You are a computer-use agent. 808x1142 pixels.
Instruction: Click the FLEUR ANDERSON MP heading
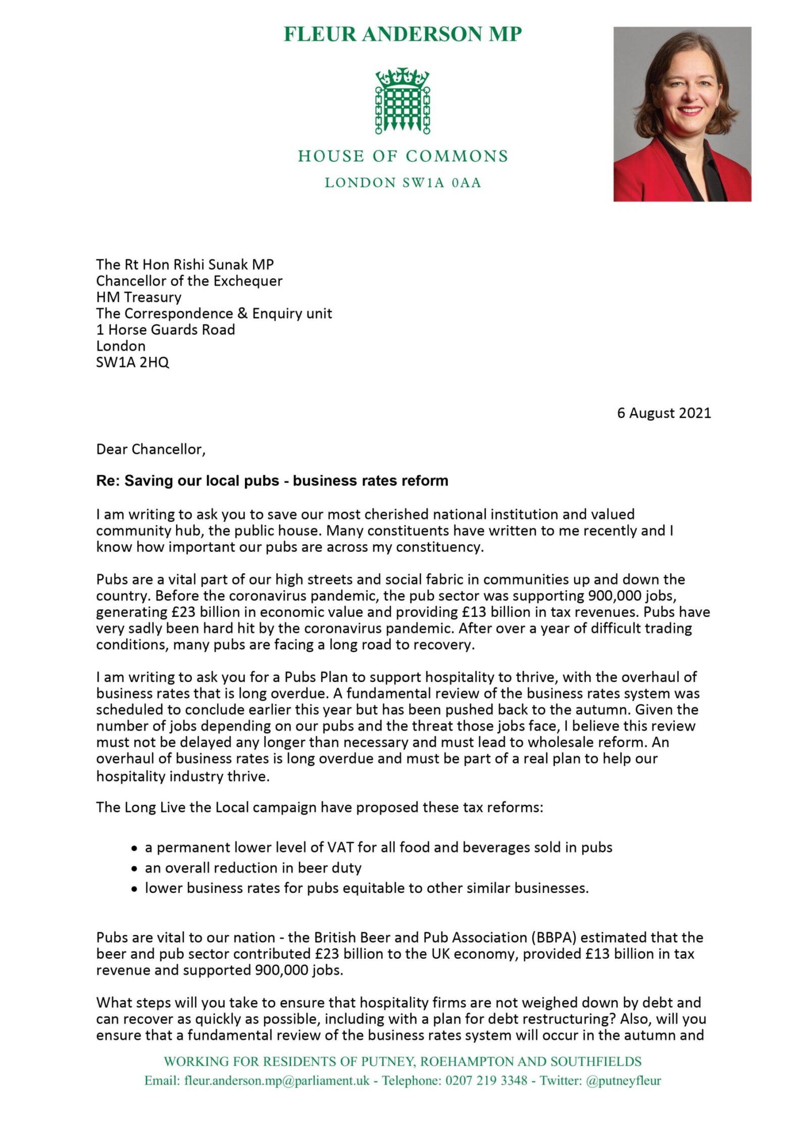click(x=402, y=34)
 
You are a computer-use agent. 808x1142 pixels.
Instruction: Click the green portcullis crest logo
click(x=402, y=101)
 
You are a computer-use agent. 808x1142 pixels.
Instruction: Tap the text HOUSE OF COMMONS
click(x=402, y=156)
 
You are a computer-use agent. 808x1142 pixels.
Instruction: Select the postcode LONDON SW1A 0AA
click(x=402, y=183)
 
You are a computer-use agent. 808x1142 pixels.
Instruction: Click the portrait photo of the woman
click(x=682, y=114)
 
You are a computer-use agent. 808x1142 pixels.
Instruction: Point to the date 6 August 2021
click(x=664, y=413)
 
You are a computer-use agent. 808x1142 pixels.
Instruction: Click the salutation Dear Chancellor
click(x=150, y=449)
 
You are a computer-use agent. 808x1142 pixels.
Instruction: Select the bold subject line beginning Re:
click(x=272, y=481)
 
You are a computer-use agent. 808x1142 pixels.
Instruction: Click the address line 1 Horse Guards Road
click(x=166, y=330)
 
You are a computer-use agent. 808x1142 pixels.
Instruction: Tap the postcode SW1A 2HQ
click(x=133, y=362)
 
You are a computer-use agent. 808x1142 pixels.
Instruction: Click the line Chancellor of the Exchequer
click(x=189, y=281)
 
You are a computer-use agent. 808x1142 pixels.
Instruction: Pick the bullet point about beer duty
click(x=253, y=868)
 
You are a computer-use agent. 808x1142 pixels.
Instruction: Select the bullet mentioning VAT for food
click(x=378, y=847)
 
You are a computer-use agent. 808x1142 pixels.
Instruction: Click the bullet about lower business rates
click(x=367, y=888)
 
